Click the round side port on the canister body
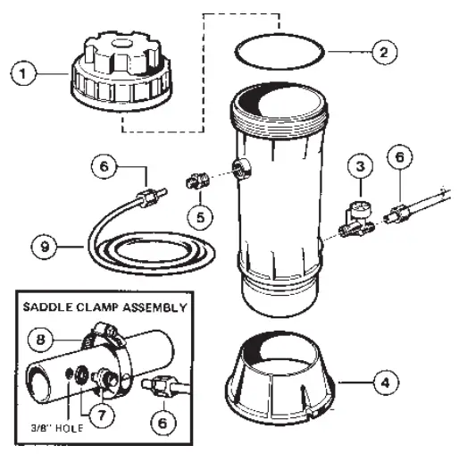point(240,166)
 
